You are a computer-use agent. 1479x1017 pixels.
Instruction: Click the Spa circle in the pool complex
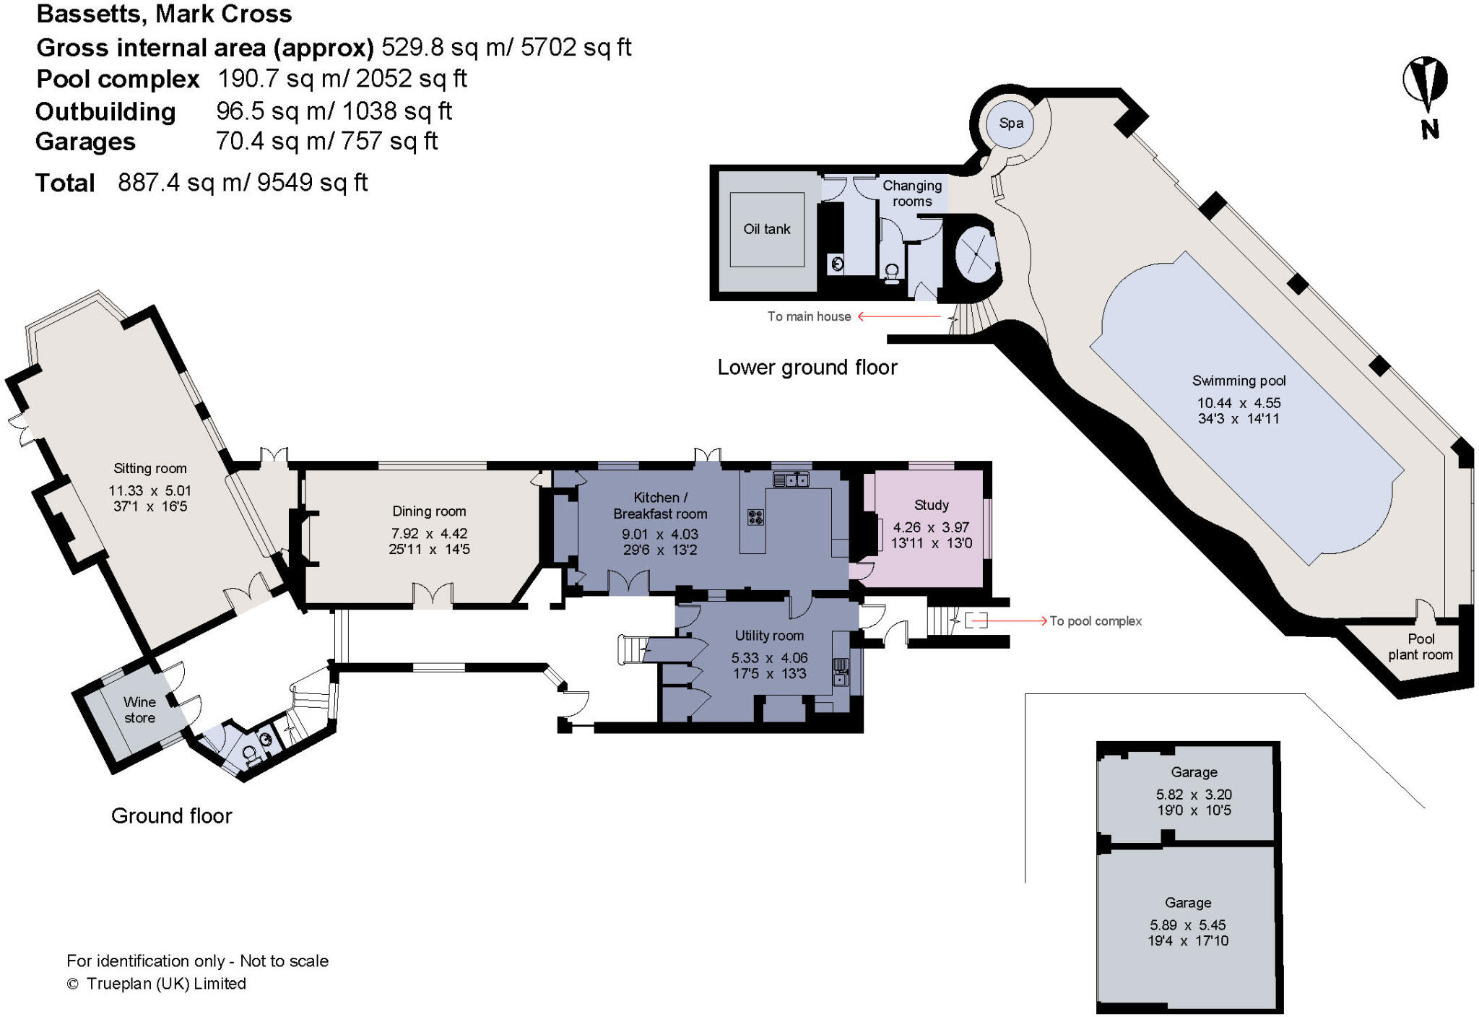point(1010,124)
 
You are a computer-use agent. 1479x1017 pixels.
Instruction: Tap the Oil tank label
point(767,229)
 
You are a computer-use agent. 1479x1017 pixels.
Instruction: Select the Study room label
point(931,505)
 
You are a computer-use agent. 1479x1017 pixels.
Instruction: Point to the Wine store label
point(139,710)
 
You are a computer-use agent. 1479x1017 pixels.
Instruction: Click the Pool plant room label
point(1420,647)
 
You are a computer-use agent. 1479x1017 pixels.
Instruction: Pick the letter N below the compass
point(1429,130)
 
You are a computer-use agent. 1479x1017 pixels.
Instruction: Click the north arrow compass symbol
point(1425,82)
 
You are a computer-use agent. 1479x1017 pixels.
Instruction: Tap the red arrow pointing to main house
point(898,316)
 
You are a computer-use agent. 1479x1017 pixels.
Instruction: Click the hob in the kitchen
point(755,517)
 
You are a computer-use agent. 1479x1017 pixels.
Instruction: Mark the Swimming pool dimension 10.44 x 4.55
point(1239,403)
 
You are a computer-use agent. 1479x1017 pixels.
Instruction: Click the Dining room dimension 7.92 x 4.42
point(429,534)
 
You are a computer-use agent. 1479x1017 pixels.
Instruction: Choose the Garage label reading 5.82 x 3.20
point(1194,794)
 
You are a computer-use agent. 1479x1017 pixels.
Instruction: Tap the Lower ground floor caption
point(807,368)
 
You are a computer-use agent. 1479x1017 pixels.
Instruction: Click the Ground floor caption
point(171,816)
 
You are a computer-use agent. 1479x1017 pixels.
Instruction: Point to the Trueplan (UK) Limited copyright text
point(166,984)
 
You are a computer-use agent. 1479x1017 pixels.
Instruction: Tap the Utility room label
point(768,636)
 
